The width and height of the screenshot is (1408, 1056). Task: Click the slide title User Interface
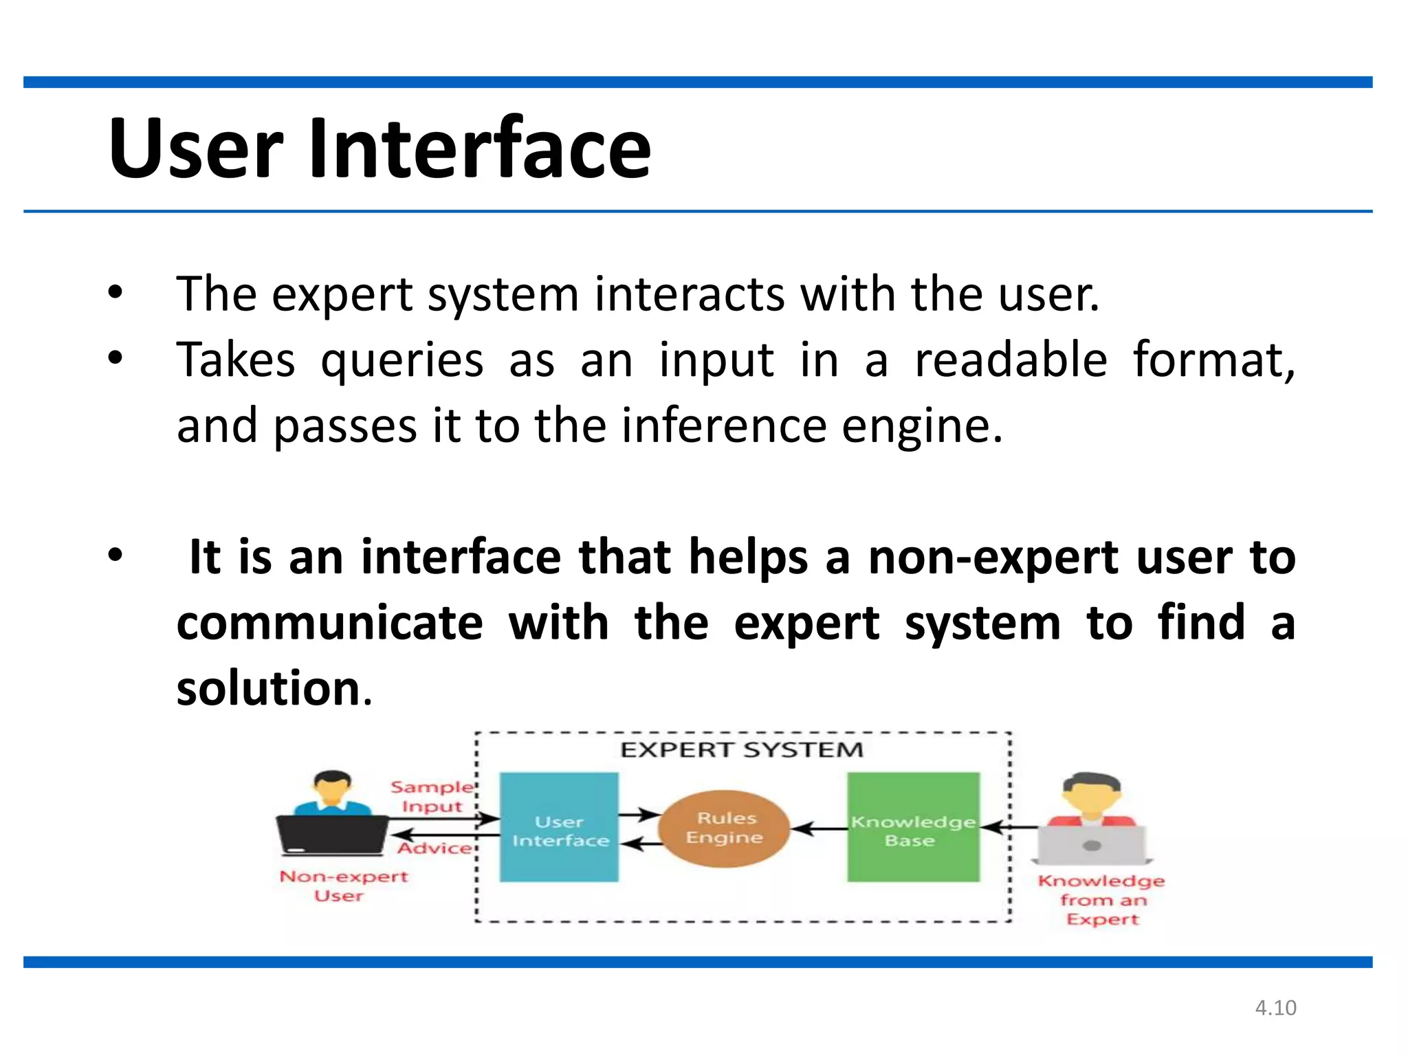(x=379, y=148)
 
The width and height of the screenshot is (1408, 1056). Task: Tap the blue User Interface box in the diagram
(x=559, y=827)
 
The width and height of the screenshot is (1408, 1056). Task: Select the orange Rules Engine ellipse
(x=724, y=828)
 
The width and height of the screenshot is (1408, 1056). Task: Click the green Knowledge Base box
(x=913, y=827)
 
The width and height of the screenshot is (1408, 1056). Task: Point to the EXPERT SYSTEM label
(x=741, y=749)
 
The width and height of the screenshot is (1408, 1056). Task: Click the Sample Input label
(x=432, y=796)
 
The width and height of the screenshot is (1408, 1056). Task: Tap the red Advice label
(x=435, y=848)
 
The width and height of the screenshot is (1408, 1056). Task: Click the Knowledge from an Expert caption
(x=1101, y=899)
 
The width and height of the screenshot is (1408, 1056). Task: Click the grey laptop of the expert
(x=1092, y=845)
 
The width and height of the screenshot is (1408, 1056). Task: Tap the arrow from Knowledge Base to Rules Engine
(x=819, y=828)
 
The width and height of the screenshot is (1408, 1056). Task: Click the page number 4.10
(x=1275, y=1008)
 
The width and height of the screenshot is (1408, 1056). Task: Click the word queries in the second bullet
(x=402, y=360)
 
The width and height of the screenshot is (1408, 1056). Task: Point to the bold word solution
(x=268, y=688)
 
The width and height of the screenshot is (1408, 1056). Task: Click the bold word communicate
(x=330, y=623)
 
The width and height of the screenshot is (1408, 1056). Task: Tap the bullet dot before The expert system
(x=115, y=293)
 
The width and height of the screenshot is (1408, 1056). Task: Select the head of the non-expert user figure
(x=332, y=788)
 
